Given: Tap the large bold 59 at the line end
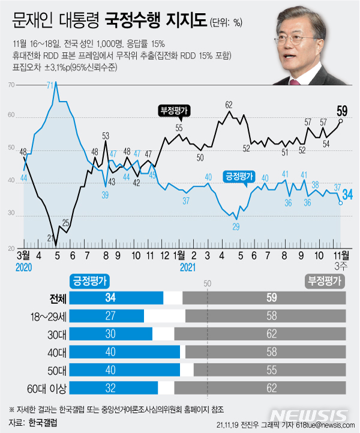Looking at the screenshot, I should point(343,111).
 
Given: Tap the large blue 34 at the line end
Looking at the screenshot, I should point(347,194).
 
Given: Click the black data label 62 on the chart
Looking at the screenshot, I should point(229,104).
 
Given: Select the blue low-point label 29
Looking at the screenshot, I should point(236,226).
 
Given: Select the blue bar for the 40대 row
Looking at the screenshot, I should point(125,351).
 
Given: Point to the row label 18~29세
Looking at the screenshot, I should point(44,316).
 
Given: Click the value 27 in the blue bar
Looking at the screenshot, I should point(110,316).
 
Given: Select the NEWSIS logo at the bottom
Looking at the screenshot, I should point(309,416).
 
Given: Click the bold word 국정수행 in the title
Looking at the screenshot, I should point(128,23).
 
